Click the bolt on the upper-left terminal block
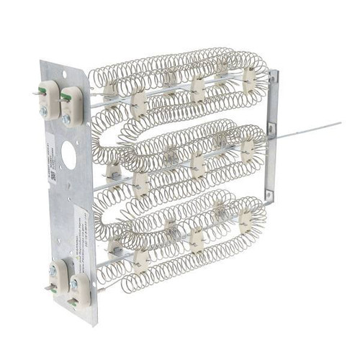[x=44, y=112]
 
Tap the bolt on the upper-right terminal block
[x=67, y=119]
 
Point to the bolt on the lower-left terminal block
[x=53, y=270]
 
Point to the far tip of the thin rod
[x=339, y=123]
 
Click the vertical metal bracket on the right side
[x=271, y=137]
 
